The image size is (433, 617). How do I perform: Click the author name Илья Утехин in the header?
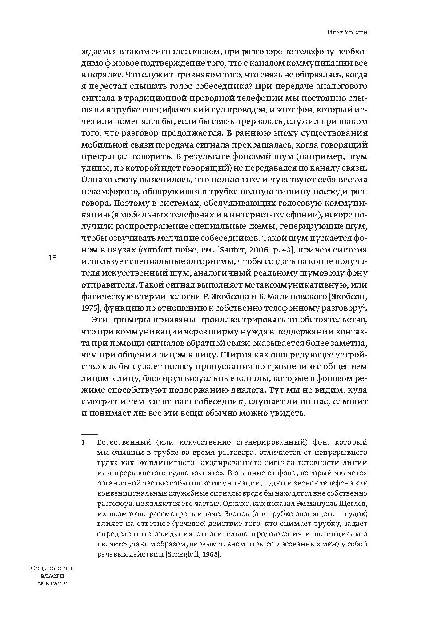tap(348, 32)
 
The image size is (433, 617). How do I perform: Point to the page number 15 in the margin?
tap(52, 258)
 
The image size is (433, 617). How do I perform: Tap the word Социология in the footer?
tap(52, 568)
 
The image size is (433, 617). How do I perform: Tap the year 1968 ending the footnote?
tap(212, 555)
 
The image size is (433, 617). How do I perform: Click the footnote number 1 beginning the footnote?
tap(83, 443)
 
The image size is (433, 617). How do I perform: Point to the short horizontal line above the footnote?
tap(89, 433)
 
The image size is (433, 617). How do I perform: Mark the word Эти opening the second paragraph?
tap(100, 320)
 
